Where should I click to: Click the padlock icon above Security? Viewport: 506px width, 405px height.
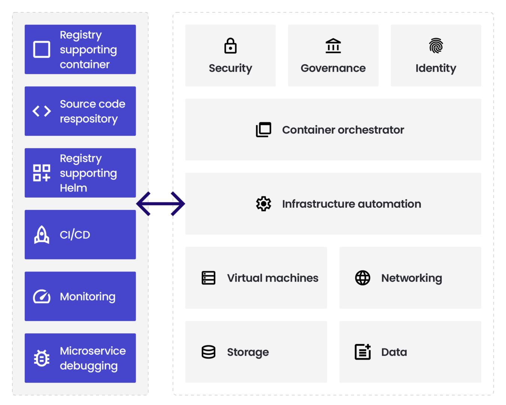coord(230,46)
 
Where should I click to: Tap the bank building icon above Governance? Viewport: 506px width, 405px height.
coord(333,46)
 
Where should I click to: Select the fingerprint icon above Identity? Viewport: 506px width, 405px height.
coord(436,46)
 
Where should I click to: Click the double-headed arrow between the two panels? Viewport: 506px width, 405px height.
coord(161,204)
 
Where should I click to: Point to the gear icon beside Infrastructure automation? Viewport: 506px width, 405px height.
coord(263,204)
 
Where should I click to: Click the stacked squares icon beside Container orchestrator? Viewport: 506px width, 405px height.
coord(263,130)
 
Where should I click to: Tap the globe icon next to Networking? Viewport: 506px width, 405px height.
coord(362,278)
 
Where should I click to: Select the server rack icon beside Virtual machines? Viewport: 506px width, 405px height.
coord(209,278)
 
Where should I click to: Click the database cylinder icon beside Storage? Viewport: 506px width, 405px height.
coord(209,352)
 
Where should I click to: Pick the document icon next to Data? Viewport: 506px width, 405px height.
coord(362,352)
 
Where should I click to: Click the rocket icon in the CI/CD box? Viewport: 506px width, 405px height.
coord(42,235)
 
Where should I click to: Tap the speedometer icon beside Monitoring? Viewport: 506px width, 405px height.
coord(42,297)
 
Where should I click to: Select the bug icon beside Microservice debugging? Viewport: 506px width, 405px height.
coord(42,358)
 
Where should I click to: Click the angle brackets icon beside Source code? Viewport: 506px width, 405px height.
coord(42,111)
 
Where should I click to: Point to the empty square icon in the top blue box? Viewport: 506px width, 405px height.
coord(42,49)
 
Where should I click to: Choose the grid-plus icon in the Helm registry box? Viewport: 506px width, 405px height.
coord(42,173)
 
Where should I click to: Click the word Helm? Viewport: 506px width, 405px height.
coord(74,188)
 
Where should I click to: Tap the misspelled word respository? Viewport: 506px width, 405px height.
coord(89,119)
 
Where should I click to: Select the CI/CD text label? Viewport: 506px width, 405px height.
coord(75,235)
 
